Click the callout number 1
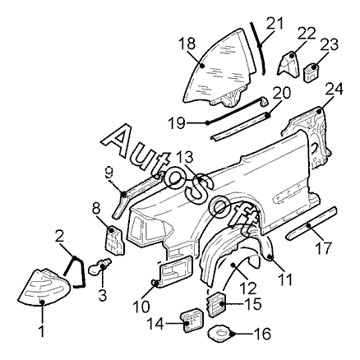(42, 331)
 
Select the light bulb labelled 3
(100, 266)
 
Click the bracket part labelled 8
(114, 240)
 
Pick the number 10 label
(141, 307)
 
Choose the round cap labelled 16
(219, 333)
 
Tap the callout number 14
(156, 324)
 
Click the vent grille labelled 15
(217, 304)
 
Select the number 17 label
(324, 247)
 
